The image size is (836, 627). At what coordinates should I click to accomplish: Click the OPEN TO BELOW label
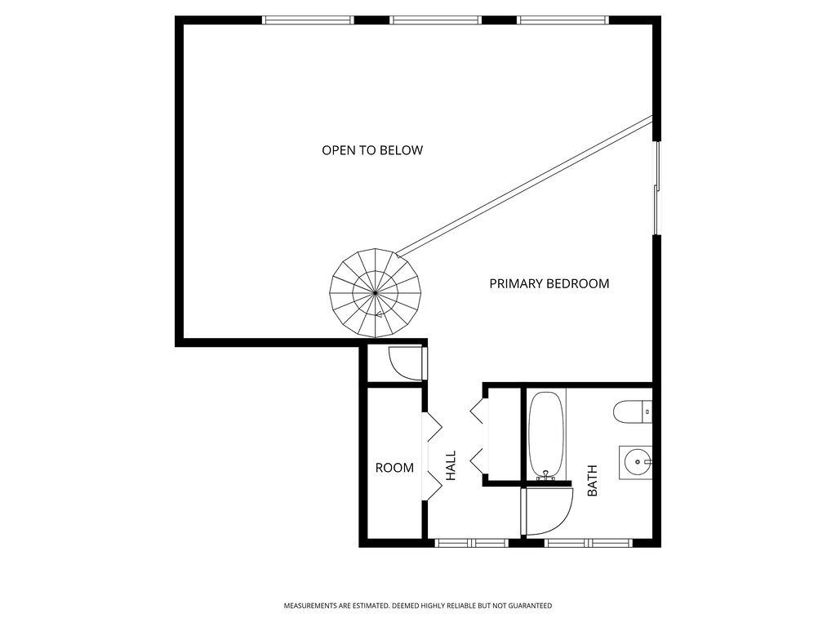(x=372, y=150)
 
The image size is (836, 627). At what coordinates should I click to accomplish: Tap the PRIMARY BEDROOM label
(x=549, y=284)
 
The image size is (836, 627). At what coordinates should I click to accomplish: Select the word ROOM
(x=394, y=468)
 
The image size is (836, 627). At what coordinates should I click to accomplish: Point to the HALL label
(x=451, y=465)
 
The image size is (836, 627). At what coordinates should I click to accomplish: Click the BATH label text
(x=593, y=481)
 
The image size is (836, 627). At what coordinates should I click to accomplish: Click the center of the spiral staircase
(x=375, y=293)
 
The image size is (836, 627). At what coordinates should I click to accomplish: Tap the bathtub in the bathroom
(x=546, y=434)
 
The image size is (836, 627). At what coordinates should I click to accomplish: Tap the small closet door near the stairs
(x=407, y=362)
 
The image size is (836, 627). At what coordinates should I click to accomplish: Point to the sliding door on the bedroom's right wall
(x=656, y=188)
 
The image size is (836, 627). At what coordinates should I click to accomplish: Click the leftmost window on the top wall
(x=308, y=20)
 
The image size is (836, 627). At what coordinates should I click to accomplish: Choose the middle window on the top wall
(x=435, y=20)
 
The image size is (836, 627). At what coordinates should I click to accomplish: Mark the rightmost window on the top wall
(x=563, y=20)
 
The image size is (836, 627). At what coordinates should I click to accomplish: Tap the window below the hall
(x=472, y=542)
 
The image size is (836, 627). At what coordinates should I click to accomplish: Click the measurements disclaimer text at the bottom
(x=418, y=606)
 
